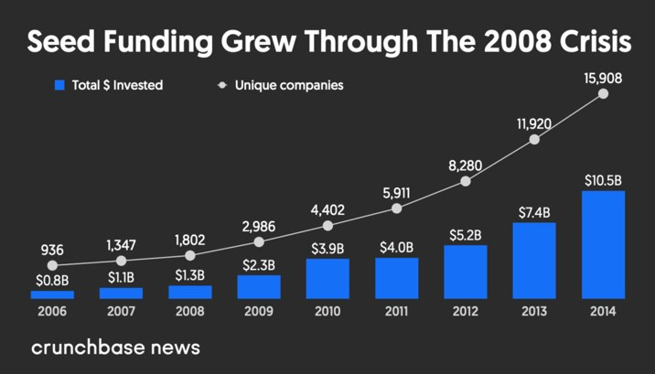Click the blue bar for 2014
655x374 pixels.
point(603,244)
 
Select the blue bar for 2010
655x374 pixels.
point(327,278)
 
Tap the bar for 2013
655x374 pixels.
point(534,261)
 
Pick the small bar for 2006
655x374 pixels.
point(52,294)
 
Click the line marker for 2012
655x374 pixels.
point(466,181)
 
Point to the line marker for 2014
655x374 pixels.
point(603,95)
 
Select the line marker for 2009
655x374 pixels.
point(259,242)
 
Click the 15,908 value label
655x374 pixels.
point(603,79)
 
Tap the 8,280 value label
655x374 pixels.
point(466,164)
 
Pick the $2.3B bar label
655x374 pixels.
point(259,265)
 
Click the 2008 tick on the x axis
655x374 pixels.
point(190,311)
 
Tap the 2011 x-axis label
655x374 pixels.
point(396,311)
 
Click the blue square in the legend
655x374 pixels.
point(60,85)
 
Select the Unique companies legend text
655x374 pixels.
point(289,85)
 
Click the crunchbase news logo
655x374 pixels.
point(115,347)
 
